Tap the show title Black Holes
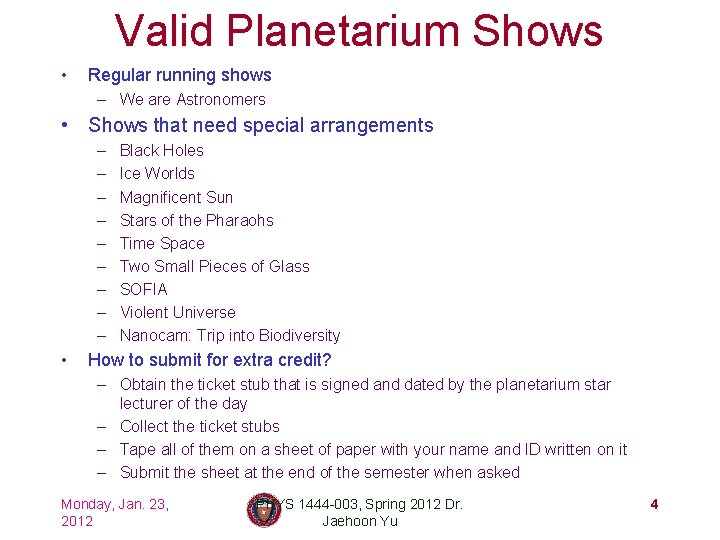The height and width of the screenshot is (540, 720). pos(161,151)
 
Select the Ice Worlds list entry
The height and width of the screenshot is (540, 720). pos(157,174)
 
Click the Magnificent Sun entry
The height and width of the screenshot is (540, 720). pos(176,197)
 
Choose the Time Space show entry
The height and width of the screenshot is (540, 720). pos(162,243)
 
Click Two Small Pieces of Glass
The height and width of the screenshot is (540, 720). pos(214,266)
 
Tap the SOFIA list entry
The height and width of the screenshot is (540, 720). pos(144,289)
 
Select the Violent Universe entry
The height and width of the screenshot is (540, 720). pos(178,312)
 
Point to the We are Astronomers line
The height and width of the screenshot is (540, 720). pos(192,100)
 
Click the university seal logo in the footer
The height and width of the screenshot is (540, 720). pos(263,511)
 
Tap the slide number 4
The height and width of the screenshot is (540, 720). pos(654,504)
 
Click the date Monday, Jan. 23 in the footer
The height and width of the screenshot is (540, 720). pos(114,504)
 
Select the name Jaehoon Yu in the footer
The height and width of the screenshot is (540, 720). pos(359,521)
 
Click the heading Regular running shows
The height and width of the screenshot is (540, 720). pos(180,75)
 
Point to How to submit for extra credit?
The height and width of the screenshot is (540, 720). pos(210,360)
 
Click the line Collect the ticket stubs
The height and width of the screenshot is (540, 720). pos(200,426)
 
